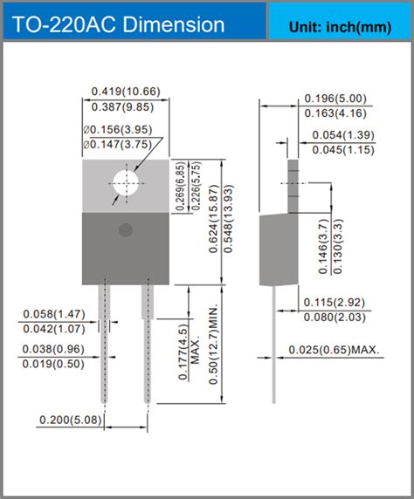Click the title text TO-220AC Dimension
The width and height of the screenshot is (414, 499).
point(118,24)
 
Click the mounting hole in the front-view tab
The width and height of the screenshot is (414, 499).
point(126,183)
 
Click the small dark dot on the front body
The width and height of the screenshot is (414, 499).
point(125,229)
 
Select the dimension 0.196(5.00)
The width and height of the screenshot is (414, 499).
point(335,99)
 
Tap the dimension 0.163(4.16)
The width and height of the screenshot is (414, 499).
point(335,113)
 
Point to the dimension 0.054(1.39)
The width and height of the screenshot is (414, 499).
point(348,135)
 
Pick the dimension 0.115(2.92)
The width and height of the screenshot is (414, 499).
point(335,302)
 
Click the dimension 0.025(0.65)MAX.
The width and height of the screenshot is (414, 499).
point(335,351)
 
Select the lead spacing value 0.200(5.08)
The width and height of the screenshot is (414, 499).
point(74,420)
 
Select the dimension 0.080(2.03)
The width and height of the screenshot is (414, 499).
point(335,317)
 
